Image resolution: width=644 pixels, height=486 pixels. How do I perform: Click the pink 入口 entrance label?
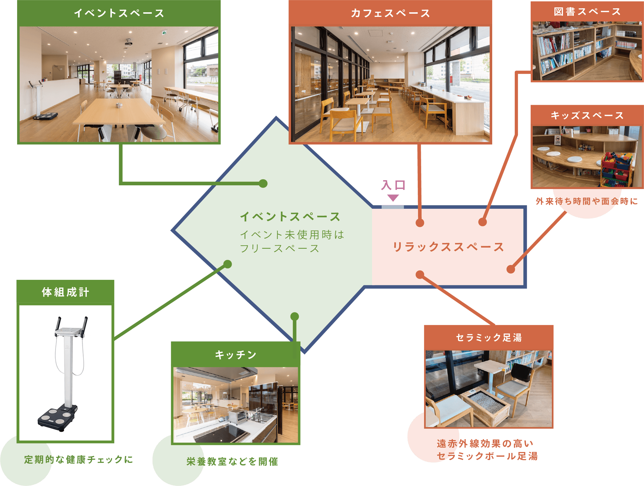point(393,185)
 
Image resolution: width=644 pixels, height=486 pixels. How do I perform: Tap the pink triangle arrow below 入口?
point(393,198)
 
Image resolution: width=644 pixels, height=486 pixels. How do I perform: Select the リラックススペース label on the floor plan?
point(448,247)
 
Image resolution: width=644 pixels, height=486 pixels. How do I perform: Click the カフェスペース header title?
point(390,13)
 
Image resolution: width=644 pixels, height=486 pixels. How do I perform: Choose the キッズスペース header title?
point(587,115)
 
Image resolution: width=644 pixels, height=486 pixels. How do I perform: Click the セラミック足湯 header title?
point(489,338)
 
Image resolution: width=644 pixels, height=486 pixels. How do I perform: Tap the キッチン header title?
point(235,355)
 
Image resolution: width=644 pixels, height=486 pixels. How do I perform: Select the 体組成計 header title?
point(66,292)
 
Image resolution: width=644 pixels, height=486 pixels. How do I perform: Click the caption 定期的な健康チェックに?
point(78,459)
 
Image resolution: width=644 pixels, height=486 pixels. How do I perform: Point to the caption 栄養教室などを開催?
point(232,461)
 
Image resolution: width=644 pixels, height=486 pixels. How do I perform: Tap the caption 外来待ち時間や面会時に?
point(587,201)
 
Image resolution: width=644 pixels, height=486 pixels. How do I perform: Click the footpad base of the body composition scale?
point(58,417)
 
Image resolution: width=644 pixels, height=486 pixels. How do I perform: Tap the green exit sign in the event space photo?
point(164,33)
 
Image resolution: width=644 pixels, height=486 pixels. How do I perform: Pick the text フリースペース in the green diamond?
point(280,248)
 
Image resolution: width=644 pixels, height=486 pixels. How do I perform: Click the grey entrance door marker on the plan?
point(392,207)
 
